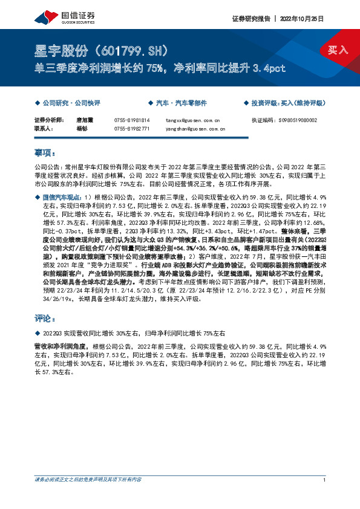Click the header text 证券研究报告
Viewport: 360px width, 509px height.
pos(250,18)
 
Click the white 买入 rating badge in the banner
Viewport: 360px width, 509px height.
pos(338,50)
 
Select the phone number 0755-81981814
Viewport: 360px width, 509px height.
pos(132,120)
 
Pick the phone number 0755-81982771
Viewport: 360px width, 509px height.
pos(132,128)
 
